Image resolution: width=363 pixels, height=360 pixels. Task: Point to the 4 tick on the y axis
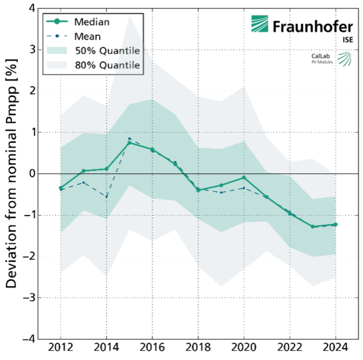click(x=30, y=8)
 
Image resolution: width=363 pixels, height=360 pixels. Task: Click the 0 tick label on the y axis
click(x=30, y=173)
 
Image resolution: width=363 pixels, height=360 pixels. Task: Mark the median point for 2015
click(x=129, y=142)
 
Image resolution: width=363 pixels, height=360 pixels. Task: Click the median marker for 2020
click(x=244, y=177)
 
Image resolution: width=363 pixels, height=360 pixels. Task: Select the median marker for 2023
click(x=312, y=227)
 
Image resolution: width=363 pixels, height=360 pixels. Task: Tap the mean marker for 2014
click(x=106, y=196)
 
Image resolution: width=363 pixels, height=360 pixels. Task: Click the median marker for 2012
click(x=61, y=188)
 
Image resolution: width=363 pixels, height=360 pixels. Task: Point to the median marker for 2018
click(x=198, y=190)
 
